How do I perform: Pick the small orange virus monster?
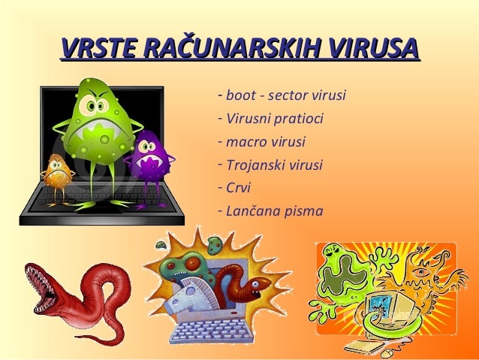[x=56, y=173]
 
